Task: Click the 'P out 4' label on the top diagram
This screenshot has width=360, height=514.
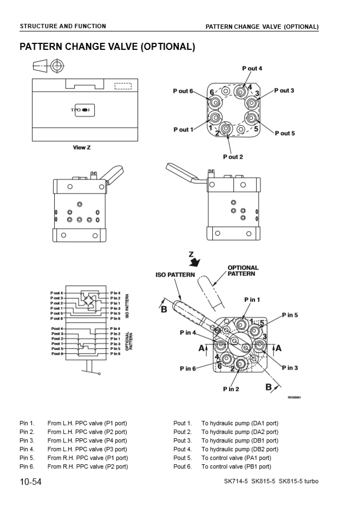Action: (x=252, y=68)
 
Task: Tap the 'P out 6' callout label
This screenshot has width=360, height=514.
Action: (x=183, y=91)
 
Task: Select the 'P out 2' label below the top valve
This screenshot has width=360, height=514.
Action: (x=233, y=157)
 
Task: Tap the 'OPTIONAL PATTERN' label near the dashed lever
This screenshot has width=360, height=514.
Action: (x=243, y=271)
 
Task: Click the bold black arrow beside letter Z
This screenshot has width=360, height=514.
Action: (x=193, y=262)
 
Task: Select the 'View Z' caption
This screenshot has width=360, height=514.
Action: (x=82, y=147)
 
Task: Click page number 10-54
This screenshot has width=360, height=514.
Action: (x=31, y=482)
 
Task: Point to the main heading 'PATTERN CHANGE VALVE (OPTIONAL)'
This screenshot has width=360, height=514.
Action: (x=107, y=47)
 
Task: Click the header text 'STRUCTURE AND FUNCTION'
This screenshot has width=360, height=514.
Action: (x=63, y=26)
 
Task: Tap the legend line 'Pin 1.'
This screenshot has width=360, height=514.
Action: (x=27, y=423)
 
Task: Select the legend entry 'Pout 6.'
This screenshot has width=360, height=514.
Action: (x=182, y=466)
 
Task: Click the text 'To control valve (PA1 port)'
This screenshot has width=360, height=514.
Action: (x=236, y=458)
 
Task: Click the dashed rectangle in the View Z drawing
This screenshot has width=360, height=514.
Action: (x=123, y=86)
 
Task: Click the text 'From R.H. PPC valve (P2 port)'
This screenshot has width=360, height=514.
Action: (x=87, y=466)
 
